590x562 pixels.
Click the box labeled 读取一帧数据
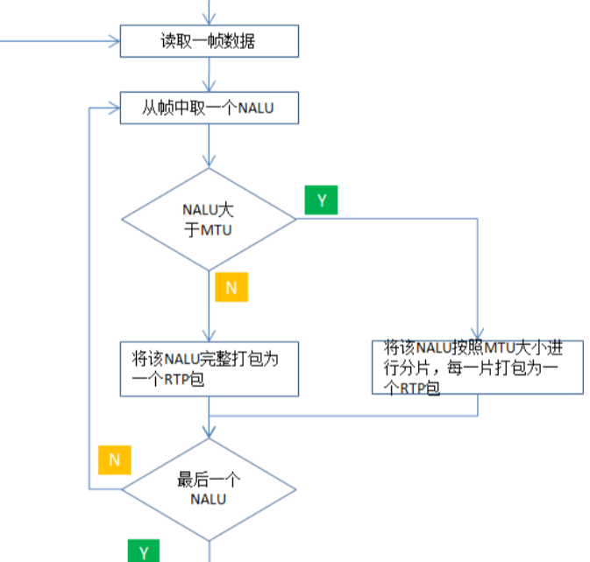pos(209,40)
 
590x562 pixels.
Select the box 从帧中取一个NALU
pos(209,108)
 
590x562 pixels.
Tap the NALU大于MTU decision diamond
pos(209,218)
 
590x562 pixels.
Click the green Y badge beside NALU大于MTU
pos(321,200)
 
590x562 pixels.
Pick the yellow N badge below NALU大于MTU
pos(231,286)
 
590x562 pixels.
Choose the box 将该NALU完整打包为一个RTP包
pos(209,369)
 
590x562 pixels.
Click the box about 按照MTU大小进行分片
pos(478,367)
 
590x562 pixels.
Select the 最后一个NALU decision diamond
pos(209,489)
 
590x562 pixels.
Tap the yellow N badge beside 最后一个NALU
pos(114,459)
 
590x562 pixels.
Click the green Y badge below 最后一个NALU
pos(144,551)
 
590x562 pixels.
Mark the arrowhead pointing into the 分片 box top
pos(478,335)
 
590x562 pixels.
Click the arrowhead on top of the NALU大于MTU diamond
pos(209,162)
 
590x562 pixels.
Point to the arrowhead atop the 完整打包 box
pos(209,336)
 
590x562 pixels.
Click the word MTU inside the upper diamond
pos(215,229)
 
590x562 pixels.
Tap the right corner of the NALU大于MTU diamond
pos(295,218)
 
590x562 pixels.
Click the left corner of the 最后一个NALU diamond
pos(122,489)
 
